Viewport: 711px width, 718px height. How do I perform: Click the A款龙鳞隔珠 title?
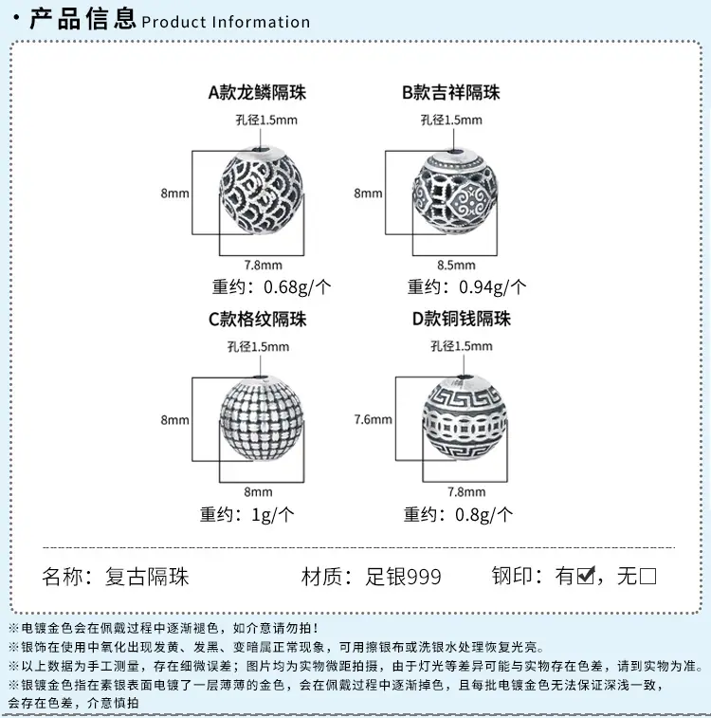click(257, 93)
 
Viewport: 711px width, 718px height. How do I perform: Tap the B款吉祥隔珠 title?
click(451, 93)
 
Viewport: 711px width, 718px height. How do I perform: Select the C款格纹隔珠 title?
click(258, 319)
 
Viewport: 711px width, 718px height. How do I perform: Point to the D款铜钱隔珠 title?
click(461, 319)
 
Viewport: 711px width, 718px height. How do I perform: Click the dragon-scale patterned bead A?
click(262, 190)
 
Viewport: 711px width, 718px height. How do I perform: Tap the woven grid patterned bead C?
click(262, 417)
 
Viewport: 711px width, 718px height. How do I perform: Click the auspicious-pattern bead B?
click(455, 191)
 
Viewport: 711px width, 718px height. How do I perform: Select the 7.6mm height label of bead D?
click(373, 419)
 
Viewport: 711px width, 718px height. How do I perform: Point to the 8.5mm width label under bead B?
click(456, 266)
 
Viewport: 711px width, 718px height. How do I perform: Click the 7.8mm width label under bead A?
click(264, 266)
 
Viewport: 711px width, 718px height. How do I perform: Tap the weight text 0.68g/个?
click(298, 287)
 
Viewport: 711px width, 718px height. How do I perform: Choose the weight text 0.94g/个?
click(493, 287)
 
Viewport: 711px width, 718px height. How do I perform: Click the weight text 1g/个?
click(273, 515)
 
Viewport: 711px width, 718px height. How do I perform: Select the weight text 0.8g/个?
click(484, 515)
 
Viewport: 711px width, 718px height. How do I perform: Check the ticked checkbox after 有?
click(586, 576)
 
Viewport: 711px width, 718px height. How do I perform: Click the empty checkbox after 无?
click(648, 576)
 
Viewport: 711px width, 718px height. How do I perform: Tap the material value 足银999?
click(403, 577)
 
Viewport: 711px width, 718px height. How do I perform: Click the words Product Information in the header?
click(226, 22)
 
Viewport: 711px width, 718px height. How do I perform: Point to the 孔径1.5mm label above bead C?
click(259, 346)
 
